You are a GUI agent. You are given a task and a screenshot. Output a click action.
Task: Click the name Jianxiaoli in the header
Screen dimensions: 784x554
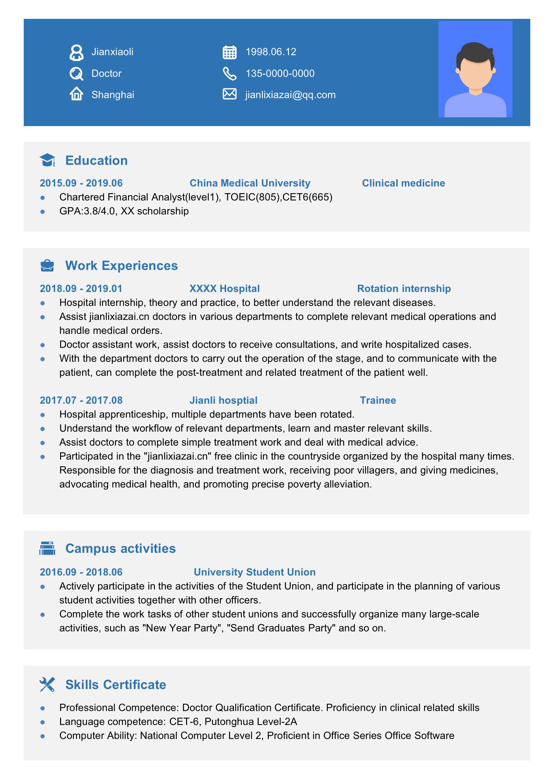(112, 52)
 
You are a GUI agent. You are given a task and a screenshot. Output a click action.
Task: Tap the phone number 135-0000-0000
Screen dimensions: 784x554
(280, 73)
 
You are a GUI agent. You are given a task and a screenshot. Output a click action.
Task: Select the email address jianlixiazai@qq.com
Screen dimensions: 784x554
(290, 95)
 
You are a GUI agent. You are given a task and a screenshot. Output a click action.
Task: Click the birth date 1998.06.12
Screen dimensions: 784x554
(271, 52)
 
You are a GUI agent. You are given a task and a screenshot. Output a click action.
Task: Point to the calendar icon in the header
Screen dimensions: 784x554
(229, 52)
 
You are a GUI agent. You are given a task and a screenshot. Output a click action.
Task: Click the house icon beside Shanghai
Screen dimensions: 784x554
(76, 94)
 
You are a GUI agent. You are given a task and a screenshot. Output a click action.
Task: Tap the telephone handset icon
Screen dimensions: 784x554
(229, 74)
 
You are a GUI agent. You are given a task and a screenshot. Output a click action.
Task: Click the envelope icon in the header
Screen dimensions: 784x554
(229, 94)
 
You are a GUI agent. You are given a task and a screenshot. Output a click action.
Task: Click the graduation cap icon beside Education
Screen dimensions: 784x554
(47, 160)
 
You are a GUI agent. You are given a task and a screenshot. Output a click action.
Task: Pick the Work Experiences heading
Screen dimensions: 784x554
(121, 266)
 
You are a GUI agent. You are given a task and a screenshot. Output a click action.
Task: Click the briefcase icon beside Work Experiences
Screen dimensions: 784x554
(47, 266)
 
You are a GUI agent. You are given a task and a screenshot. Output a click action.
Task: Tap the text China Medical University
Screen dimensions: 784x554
(250, 183)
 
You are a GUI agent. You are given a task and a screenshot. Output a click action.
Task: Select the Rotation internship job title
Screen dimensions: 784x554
(404, 288)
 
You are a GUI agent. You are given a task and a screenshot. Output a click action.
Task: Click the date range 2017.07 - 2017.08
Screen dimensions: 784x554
(81, 400)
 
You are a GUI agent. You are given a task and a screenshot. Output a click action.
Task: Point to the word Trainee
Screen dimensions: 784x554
(378, 400)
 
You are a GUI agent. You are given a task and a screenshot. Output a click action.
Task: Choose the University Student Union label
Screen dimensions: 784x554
(254, 572)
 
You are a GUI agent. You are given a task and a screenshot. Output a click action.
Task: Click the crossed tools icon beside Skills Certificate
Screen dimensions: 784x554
(47, 685)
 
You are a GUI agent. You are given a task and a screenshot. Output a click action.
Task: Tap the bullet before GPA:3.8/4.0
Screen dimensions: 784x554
(43, 211)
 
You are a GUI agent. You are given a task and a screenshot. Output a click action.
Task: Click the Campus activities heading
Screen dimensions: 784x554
(120, 549)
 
